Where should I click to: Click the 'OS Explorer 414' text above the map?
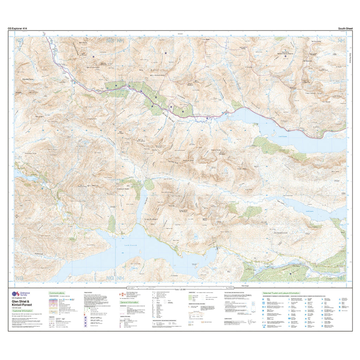point(18,28)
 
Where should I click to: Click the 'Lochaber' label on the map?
point(152,219)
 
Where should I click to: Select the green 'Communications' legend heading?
point(57,292)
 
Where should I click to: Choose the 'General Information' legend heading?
point(129,302)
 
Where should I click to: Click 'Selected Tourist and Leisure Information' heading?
point(281,293)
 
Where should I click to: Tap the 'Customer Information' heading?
point(22,311)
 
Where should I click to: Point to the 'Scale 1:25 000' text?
point(180,289)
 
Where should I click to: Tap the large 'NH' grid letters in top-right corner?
point(340,41)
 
